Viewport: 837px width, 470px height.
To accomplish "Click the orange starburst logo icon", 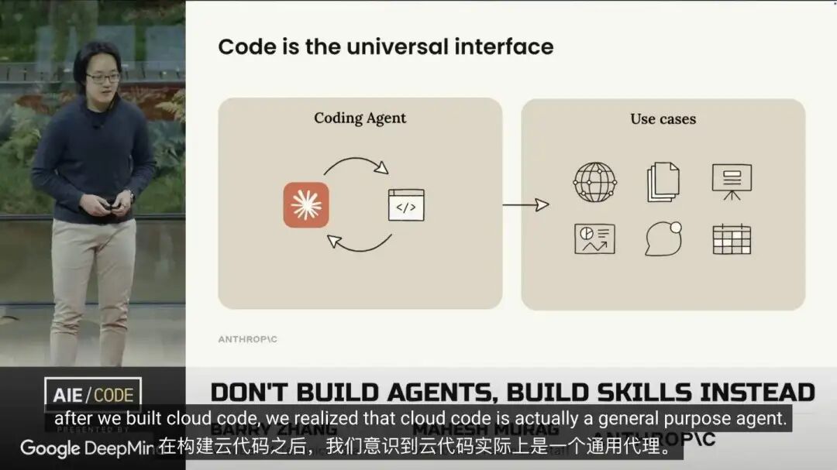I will point(306,205).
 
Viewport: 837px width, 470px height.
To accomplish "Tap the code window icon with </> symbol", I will point(406,205).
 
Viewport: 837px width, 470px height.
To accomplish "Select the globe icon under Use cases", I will point(594,182).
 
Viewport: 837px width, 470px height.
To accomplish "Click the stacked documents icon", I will point(663,182).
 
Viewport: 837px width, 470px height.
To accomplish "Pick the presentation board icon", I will point(732,181).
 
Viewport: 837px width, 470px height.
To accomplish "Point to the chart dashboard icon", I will point(594,238).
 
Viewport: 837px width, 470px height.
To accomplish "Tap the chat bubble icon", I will point(663,238).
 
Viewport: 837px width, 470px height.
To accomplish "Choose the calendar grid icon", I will point(732,238).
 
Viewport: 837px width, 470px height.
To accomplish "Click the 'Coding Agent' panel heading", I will point(360,118).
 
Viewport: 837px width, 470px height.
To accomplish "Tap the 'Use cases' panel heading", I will point(663,119).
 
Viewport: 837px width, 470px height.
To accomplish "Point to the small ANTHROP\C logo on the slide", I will point(249,338).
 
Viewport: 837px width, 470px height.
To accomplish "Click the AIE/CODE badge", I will point(92,394).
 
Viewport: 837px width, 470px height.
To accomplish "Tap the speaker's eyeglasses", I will point(102,77).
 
